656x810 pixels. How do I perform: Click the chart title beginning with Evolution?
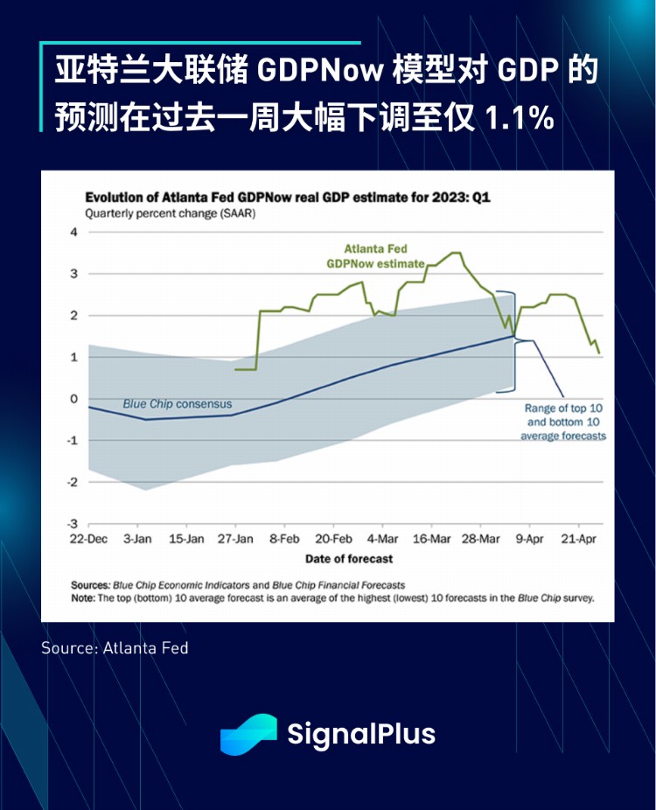[288, 198]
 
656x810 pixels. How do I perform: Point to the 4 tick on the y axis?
[74, 233]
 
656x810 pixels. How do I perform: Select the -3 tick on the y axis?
[73, 523]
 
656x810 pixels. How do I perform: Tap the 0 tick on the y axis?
[74, 399]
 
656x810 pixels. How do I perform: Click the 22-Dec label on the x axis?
[88, 539]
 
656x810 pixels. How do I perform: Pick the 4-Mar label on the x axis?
[382, 539]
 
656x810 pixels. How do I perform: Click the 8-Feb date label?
[283, 539]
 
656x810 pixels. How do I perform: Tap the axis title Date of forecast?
[349, 558]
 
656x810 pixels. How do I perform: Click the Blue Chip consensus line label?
[178, 404]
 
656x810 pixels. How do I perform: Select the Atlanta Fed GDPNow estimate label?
[375, 255]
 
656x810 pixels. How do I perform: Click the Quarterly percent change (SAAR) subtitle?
[170, 214]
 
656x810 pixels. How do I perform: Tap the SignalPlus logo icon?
[248, 734]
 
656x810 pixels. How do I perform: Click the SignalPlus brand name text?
[361, 734]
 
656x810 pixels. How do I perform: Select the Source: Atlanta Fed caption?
[115, 648]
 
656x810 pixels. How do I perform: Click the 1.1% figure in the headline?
[519, 117]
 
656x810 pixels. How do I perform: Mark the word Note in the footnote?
[85, 598]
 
